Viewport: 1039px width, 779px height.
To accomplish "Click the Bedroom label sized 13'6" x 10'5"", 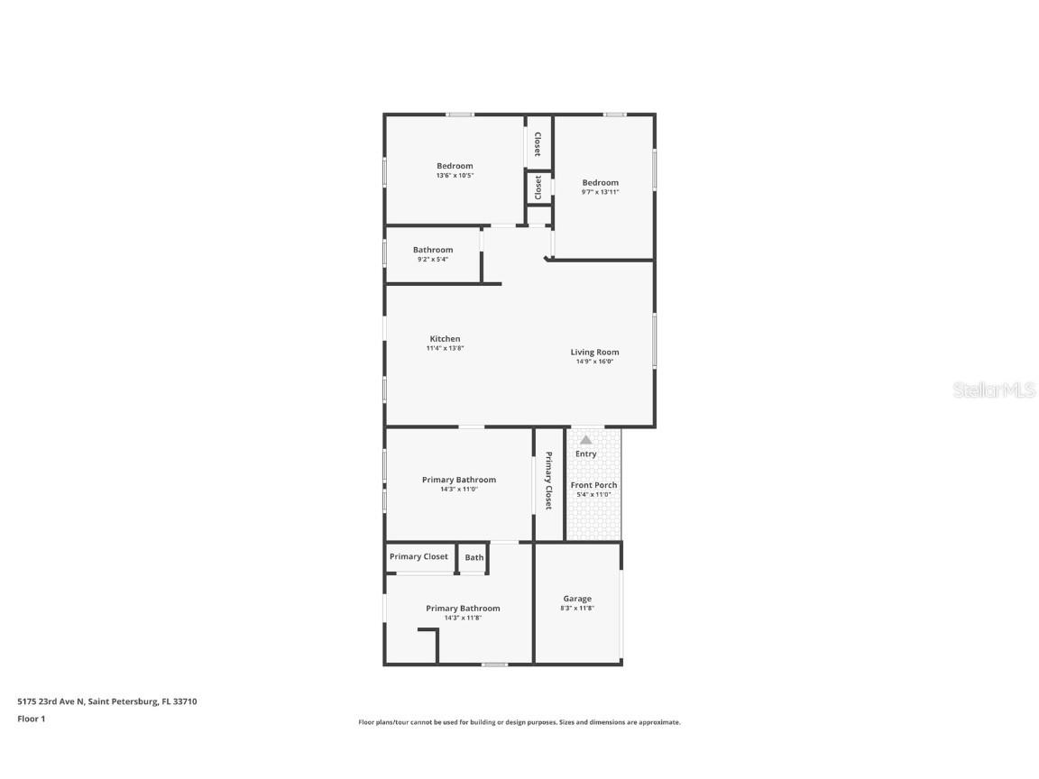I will pos(455,166).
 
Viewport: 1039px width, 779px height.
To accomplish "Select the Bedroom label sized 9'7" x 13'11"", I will pos(600,183).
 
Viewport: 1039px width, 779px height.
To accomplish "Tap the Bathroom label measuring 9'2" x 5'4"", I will pos(433,250).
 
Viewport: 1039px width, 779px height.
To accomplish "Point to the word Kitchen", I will pos(445,339).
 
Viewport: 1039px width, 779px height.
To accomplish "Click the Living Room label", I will pos(594,353).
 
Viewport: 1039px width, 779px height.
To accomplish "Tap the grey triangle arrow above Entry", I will pos(585,440).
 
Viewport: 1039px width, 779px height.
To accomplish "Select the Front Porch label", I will pos(593,485).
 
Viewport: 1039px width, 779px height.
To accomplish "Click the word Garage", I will pos(577,599).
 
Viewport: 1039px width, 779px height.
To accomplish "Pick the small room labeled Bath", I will pos(474,557).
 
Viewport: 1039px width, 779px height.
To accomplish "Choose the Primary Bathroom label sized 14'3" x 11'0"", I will pos(459,480).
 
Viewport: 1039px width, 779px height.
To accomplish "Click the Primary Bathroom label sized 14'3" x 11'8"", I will pos(463,609).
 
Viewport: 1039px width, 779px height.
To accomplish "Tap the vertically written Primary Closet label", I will pos(547,481).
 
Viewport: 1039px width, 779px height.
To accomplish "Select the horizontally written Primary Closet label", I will pos(418,556).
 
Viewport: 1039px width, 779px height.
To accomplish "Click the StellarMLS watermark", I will pos(995,390).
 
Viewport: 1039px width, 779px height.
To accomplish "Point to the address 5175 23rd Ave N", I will pos(107,701).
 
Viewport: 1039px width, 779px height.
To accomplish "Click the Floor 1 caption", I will pos(31,719).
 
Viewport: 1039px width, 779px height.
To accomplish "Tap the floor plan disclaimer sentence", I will pos(519,722).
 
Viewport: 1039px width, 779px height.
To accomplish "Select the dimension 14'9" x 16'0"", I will pos(594,362).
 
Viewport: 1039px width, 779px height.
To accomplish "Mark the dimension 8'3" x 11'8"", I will pos(577,609).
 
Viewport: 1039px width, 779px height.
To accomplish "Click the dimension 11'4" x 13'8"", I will pos(445,348).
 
